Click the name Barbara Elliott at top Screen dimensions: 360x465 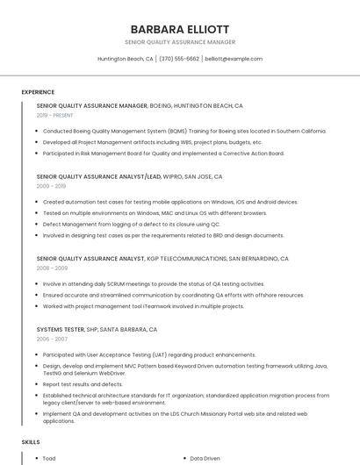(179, 28)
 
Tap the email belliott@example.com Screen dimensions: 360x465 (233, 59)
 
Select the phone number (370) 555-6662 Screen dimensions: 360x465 (179, 59)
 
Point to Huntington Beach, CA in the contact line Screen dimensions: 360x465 (125, 59)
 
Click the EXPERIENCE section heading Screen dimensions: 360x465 (38, 92)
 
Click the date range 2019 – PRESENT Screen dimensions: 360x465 (55, 115)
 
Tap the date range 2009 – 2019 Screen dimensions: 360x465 (51, 186)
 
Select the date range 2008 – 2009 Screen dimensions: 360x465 (51, 268)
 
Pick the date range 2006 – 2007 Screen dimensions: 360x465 (51, 339)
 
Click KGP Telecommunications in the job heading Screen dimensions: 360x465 (186, 259)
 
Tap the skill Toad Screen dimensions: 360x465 (49, 458)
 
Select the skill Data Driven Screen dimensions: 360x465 (205, 458)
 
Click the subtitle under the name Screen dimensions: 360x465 (179, 41)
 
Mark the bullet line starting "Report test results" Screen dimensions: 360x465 (83, 384)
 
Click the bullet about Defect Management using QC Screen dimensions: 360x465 (132, 224)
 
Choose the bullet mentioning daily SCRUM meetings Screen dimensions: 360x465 (154, 284)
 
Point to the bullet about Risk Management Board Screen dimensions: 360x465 (162, 153)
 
